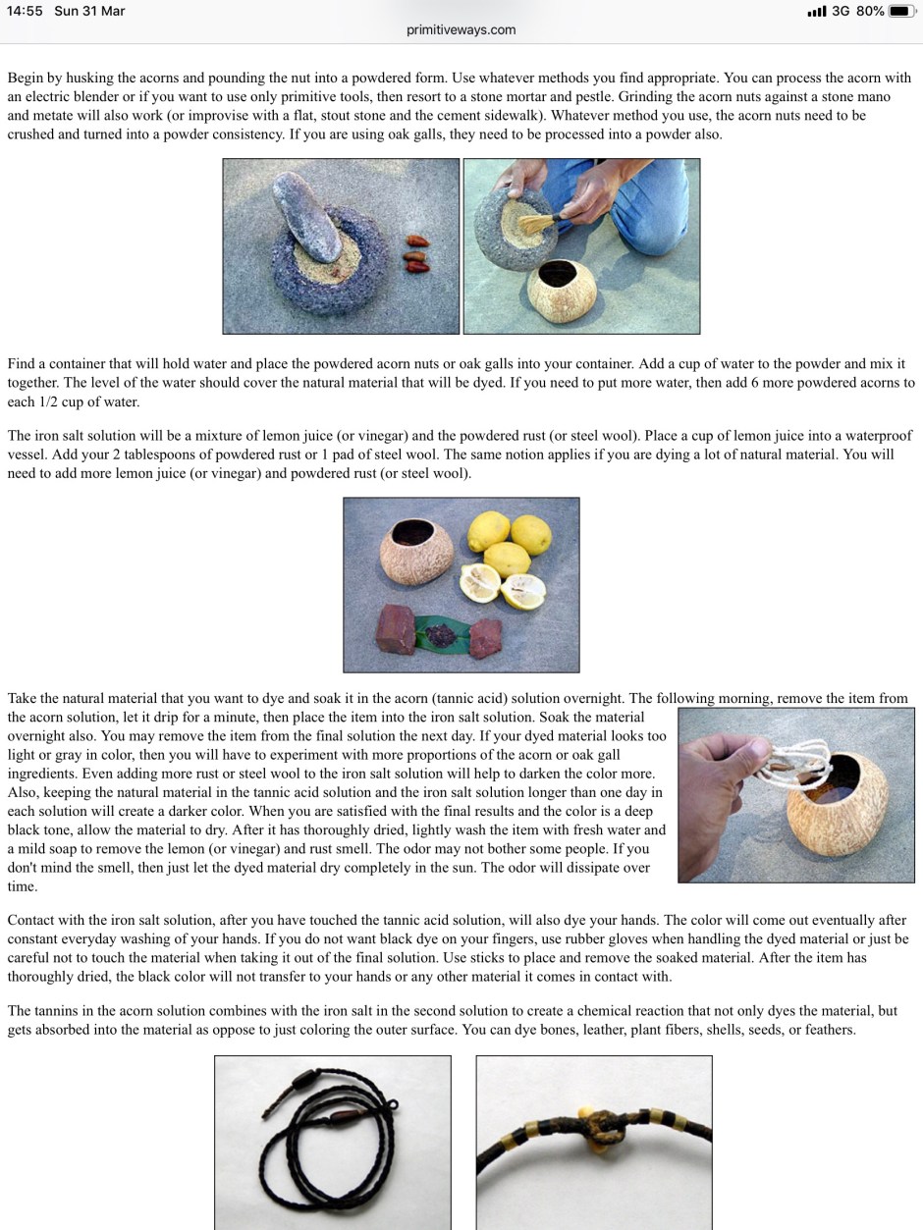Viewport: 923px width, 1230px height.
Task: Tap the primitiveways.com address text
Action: [461, 30]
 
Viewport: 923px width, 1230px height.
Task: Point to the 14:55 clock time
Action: [25, 11]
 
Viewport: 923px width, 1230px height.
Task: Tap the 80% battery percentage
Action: [870, 11]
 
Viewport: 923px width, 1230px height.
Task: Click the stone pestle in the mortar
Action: [306, 216]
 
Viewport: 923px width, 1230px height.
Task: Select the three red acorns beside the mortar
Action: [417, 254]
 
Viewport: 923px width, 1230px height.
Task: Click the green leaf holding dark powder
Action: [442, 635]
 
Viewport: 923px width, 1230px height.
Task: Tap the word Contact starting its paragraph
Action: [30, 920]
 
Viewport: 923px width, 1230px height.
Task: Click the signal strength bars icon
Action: [817, 11]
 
